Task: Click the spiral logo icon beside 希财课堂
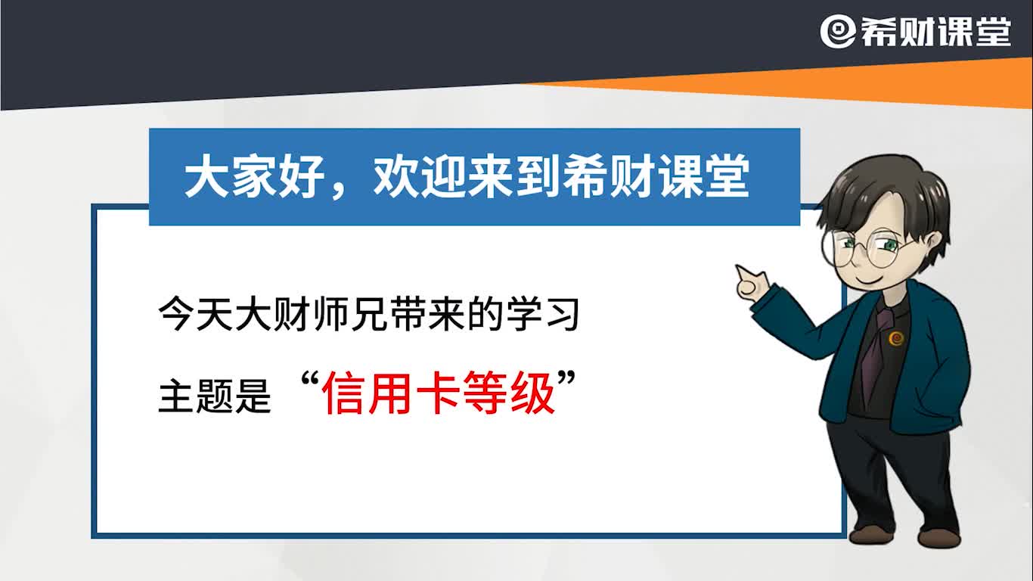(x=838, y=32)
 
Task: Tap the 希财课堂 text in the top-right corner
(x=935, y=32)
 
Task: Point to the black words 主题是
(x=214, y=396)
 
